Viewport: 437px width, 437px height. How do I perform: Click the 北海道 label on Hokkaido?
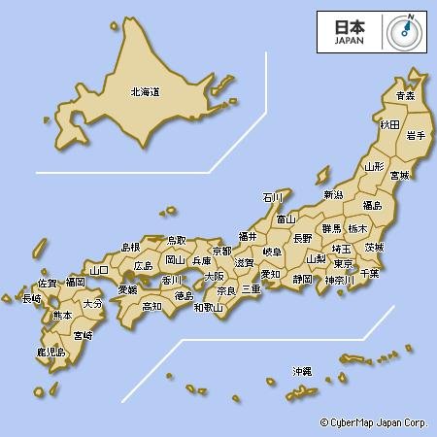point(145,92)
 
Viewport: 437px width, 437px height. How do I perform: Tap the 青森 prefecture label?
point(405,95)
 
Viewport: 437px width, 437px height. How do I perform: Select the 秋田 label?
point(389,124)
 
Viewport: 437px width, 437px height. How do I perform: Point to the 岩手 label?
point(415,135)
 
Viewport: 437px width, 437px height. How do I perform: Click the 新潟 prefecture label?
point(333,194)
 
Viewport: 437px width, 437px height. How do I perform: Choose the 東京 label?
point(342,263)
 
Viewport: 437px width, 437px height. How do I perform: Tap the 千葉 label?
point(370,274)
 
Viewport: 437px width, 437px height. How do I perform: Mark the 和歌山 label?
point(208,307)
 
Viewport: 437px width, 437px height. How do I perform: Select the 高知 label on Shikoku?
point(151,306)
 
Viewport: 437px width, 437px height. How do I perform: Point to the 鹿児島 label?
point(50,352)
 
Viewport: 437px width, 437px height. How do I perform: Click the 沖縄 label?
point(302,371)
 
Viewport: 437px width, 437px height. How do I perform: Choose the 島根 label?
point(130,248)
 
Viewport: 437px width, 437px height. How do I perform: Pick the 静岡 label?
point(302,279)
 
